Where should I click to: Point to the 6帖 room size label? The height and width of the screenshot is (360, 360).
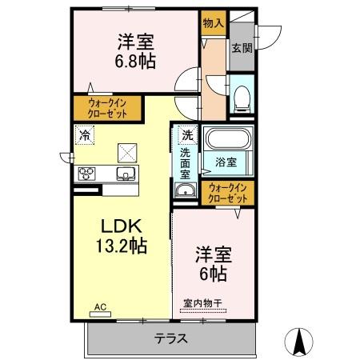(212, 274)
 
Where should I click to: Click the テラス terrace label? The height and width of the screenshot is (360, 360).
(171, 338)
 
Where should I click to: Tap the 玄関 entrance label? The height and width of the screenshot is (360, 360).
(242, 47)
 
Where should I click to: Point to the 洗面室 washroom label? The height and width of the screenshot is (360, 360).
(185, 162)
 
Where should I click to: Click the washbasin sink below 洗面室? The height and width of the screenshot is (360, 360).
(186, 190)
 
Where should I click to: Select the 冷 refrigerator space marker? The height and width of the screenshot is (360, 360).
(85, 136)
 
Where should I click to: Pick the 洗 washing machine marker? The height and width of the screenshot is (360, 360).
(186, 135)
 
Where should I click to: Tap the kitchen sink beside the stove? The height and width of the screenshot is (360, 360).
(126, 174)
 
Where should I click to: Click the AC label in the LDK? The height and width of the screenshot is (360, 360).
(100, 306)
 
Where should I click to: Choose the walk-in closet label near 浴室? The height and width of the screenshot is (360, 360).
(227, 192)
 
